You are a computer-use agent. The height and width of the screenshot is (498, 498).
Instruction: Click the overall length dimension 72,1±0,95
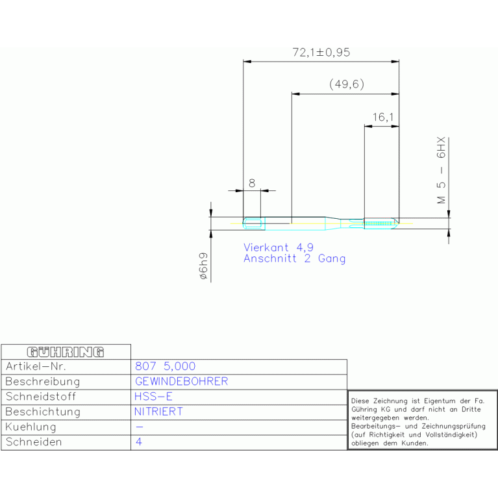[321, 53]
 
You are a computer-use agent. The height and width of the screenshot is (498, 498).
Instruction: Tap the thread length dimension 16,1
[383, 117]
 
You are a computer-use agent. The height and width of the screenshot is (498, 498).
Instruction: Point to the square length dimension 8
[252, 183]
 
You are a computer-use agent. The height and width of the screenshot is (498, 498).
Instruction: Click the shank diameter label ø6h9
[203, 266]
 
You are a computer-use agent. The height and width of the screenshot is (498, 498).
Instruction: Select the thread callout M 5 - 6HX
[441, 170]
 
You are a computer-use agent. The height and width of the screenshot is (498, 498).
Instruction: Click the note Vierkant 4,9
[279, 247]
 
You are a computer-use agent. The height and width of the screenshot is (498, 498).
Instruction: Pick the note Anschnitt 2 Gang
[294, 258]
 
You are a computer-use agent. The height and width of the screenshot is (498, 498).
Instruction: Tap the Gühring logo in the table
[66, 352]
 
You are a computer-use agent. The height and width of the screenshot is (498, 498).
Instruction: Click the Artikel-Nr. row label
[36, 366]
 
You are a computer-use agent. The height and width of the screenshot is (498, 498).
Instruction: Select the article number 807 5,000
[165, 366]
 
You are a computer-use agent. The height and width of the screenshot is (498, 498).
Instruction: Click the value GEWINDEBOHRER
[182, 381]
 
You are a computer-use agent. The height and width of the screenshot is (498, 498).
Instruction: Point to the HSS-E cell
[153, 397]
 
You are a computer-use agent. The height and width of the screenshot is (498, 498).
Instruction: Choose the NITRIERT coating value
[158, 412]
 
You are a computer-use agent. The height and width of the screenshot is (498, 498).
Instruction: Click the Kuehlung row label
[31, 427]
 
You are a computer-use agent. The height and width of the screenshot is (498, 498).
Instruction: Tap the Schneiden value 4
[139, 442]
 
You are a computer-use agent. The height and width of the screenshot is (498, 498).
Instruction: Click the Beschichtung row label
[43, 412]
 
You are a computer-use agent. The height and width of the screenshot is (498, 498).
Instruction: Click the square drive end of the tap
[254, 223]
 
